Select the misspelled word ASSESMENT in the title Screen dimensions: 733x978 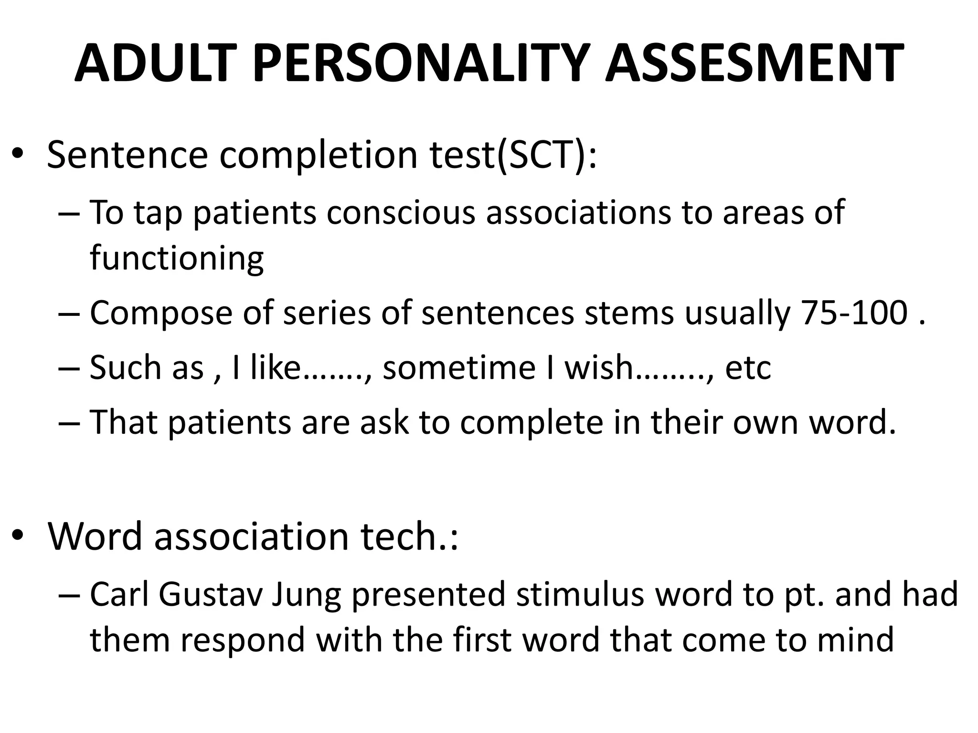pyautogui.click(x=754, y=63)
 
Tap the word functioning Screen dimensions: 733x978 pyautogui.click(x=177, y=258)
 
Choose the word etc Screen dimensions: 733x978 pyautogui.click(x=748, y=367)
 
